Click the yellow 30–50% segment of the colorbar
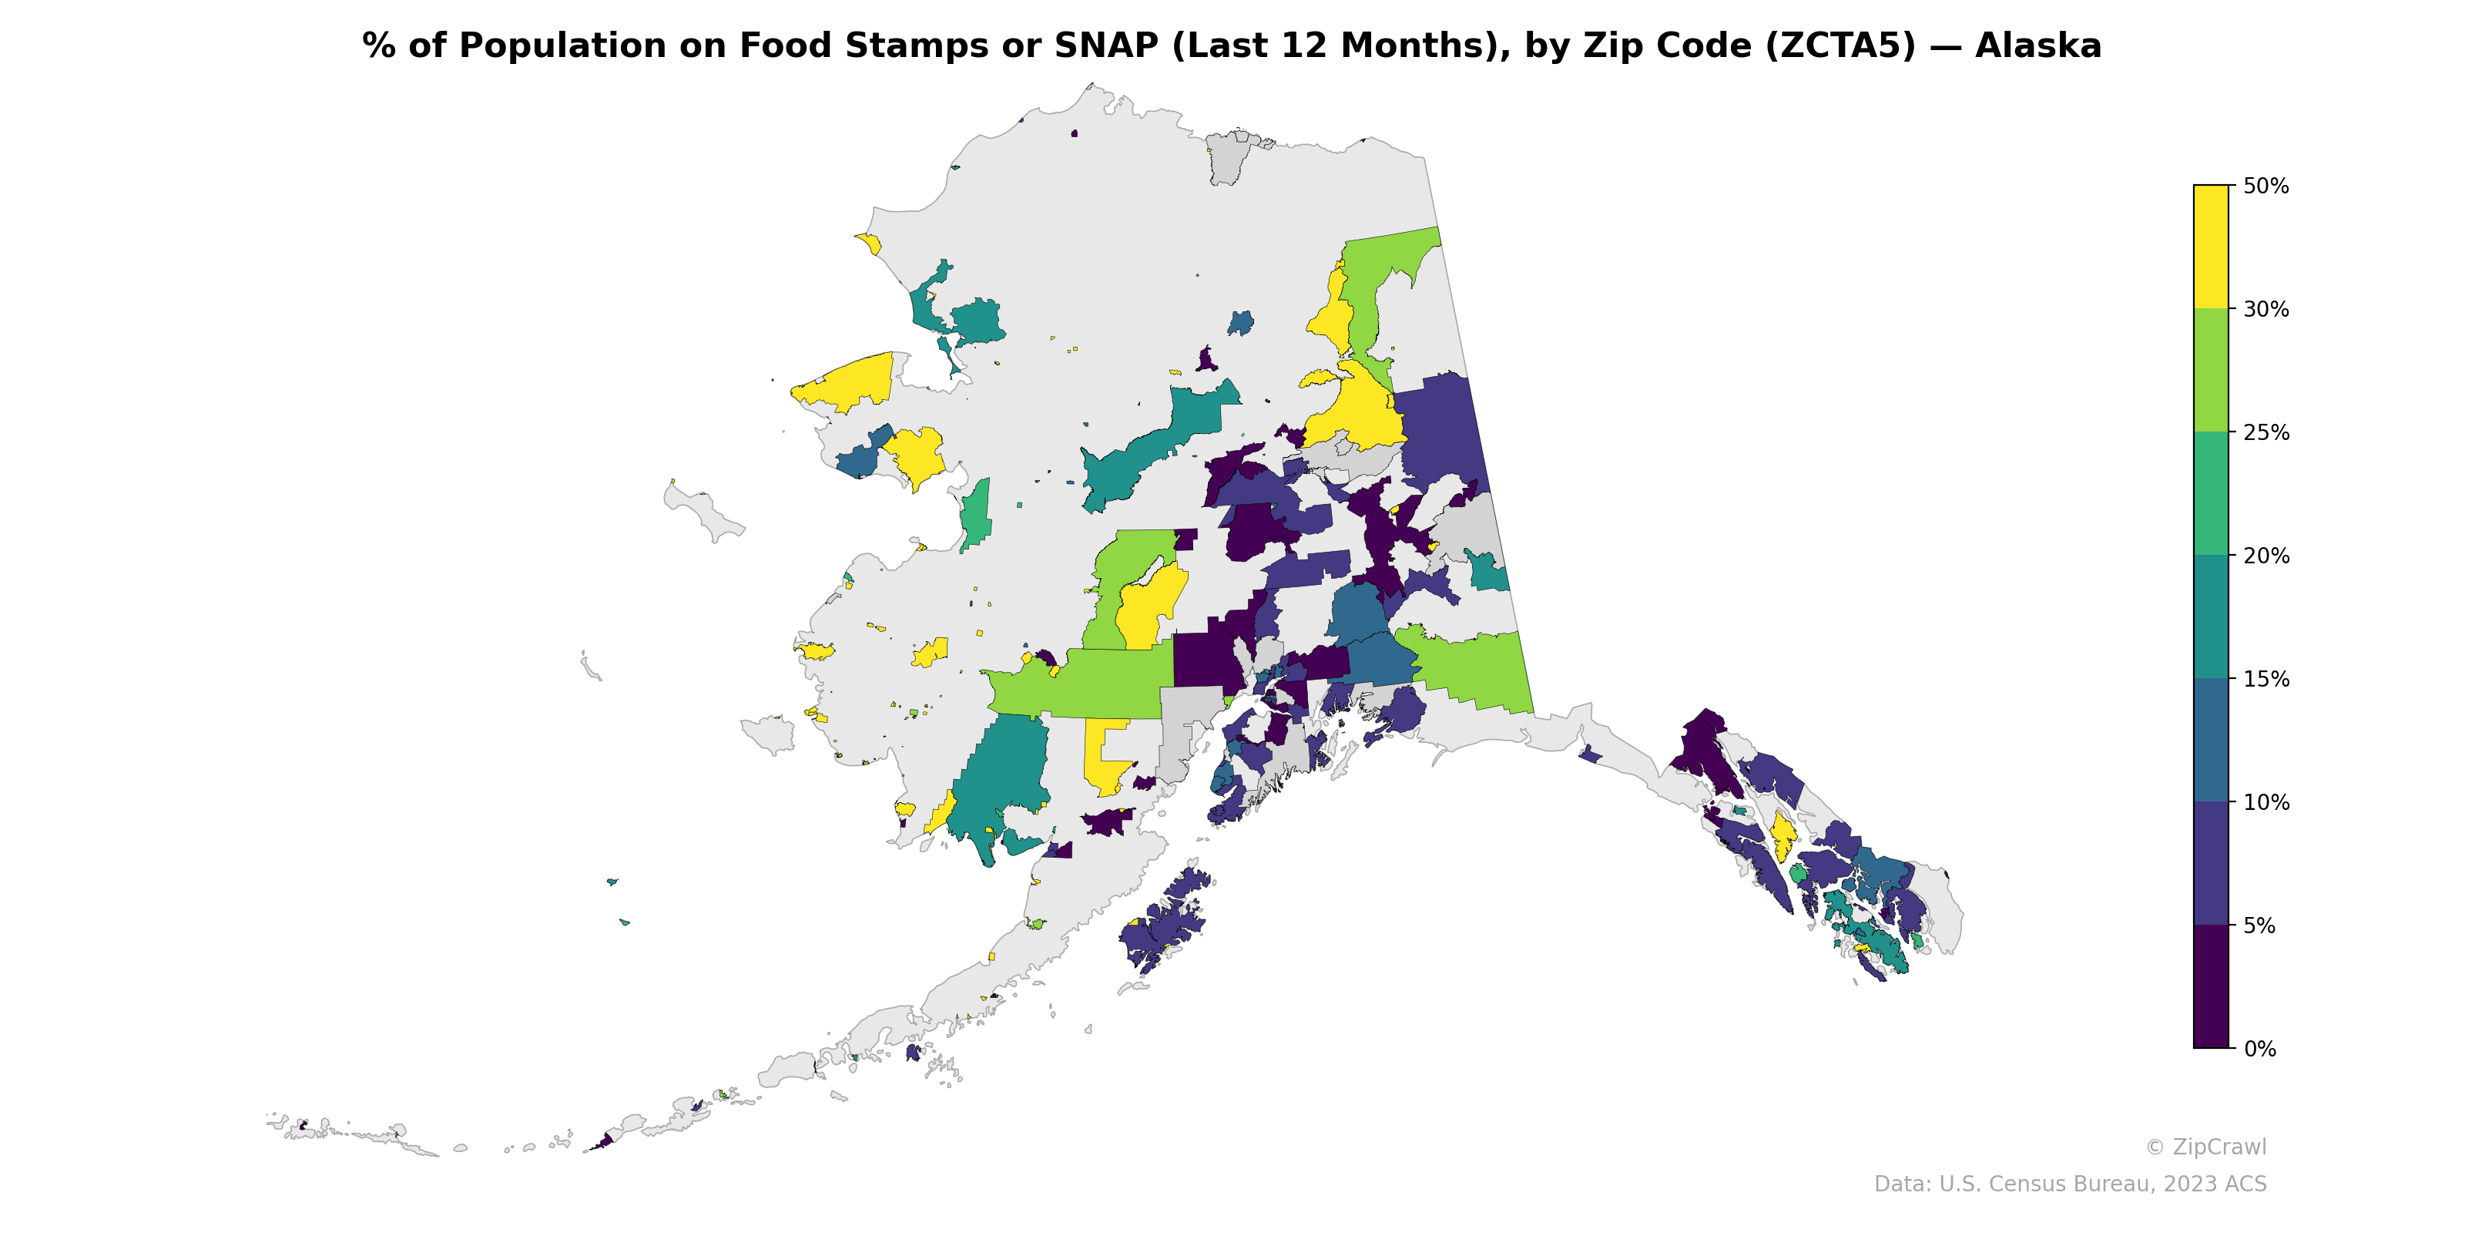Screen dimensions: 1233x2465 pos(2211,246)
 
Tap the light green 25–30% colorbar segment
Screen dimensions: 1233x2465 pos(2211,371)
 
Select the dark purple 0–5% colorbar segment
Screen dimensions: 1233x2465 pos(2211,987)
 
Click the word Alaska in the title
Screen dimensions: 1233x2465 pos(2038,46)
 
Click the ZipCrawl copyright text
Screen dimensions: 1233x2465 pos(2205,1147)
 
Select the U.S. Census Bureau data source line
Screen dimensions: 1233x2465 pos(2070,1184)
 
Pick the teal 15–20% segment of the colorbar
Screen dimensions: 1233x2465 pos(2211,617)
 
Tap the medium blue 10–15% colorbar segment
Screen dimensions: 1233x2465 pos(2211,740)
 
